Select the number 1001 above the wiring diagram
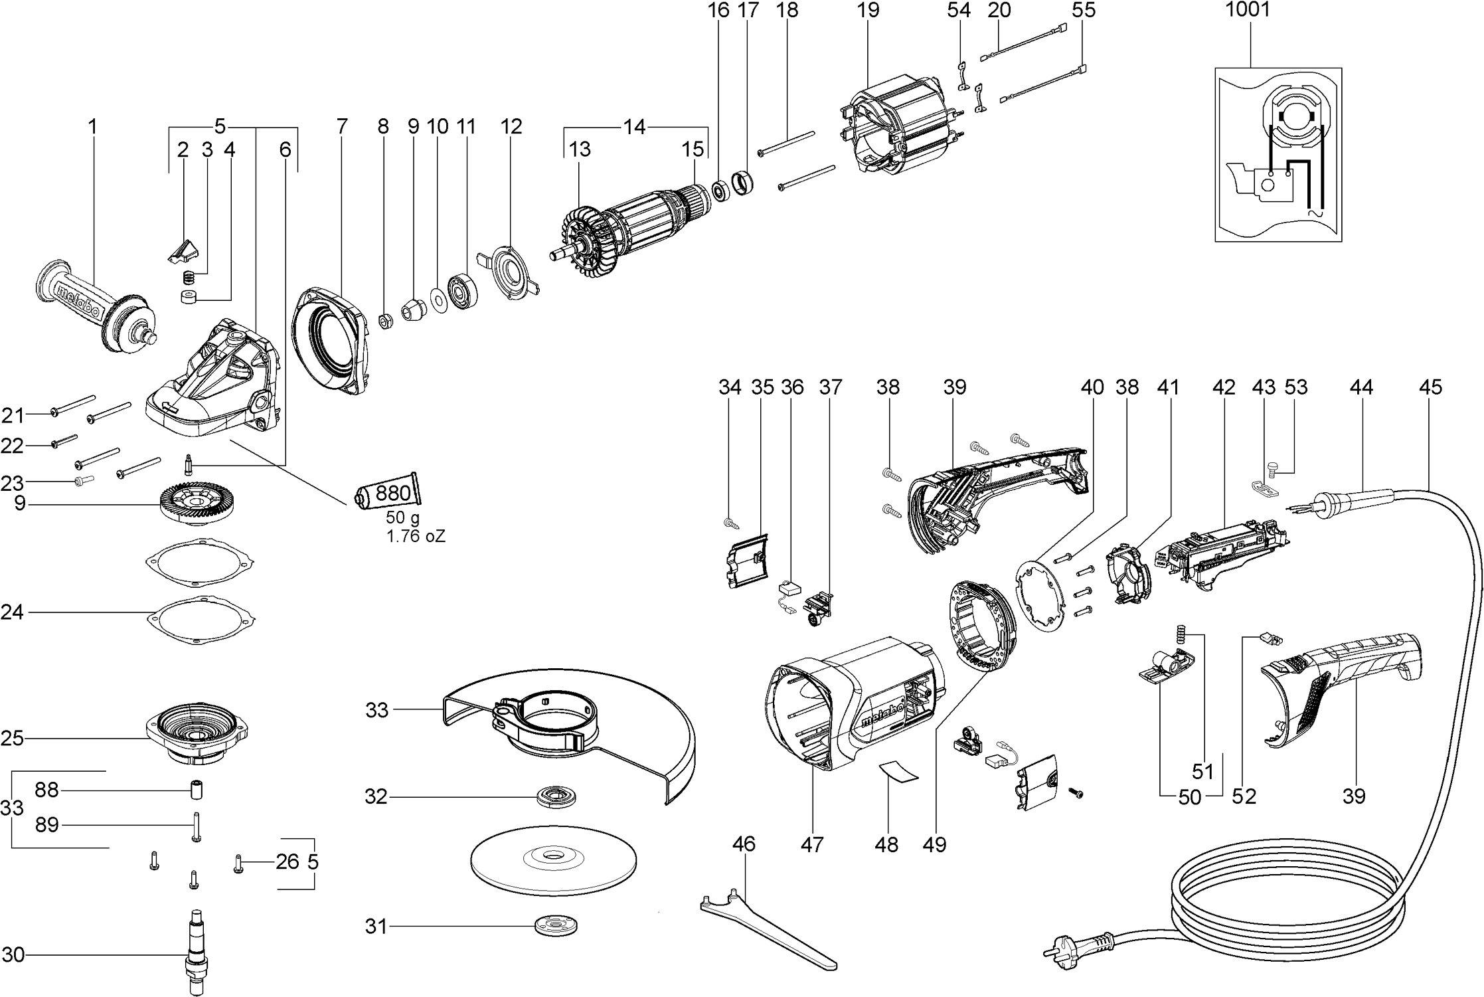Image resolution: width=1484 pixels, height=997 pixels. coord(1248,10)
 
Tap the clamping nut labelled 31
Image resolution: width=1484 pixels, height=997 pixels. coord(556,926)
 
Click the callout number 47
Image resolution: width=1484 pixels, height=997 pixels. coord(812,844)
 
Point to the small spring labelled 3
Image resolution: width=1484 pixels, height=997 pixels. coord(190,277)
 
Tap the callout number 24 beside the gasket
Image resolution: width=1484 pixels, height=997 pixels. coord(13,612)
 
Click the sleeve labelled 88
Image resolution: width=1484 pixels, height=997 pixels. coord(197,790)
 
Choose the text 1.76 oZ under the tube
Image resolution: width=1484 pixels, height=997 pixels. coord(416,537)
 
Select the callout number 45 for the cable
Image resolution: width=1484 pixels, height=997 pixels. coord(1430,387)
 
